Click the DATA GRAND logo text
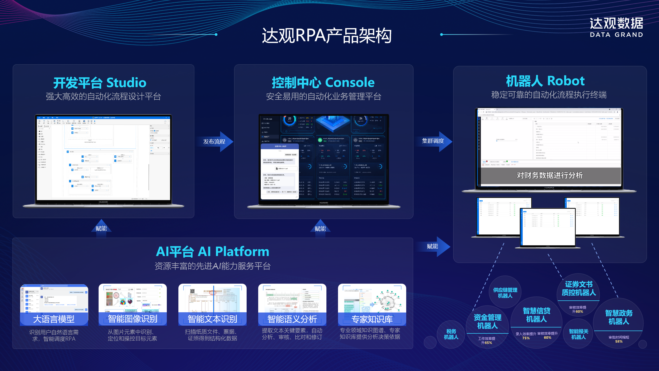[x=616, y=35]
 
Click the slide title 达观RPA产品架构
[x=326, y=36]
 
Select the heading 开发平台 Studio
[x=100, y=82]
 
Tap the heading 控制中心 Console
[x=323, y=82]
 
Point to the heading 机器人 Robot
[x=545, y=81]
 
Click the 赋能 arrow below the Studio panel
[x=101, y=228]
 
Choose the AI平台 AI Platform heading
[x=213, y=251]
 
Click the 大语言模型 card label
[x=54, y=319]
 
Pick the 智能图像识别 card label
[x=133, y=319]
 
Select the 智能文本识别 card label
[x=212, y=319]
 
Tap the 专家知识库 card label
[x=372, y=319]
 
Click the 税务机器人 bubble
[x=451, y=334]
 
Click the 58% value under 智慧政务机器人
[x=619, y=342]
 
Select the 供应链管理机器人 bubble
[x=505, y=293]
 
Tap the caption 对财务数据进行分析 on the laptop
[x=550, y=175]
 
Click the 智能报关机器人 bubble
[x=578, y=334]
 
